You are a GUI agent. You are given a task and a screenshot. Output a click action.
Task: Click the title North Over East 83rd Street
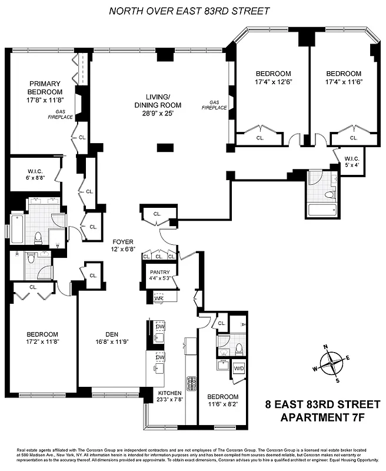(x=189, y=11)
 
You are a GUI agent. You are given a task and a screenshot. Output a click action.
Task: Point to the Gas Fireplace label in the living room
(x=214, y=104)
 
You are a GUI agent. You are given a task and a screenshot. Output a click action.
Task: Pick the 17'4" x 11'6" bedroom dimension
(x=344, y=82)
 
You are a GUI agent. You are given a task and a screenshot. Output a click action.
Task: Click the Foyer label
(x=124, y=241)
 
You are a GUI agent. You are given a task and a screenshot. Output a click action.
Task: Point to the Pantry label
(x=159, y=272)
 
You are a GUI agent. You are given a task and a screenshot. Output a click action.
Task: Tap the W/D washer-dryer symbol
(x=239, y=369)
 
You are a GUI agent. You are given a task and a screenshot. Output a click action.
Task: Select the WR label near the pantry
(x=158, y=298)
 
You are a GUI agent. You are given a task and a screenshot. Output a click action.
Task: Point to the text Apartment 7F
(x=322, y=419)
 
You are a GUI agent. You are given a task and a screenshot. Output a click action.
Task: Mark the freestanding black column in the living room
(x=165, y=147)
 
